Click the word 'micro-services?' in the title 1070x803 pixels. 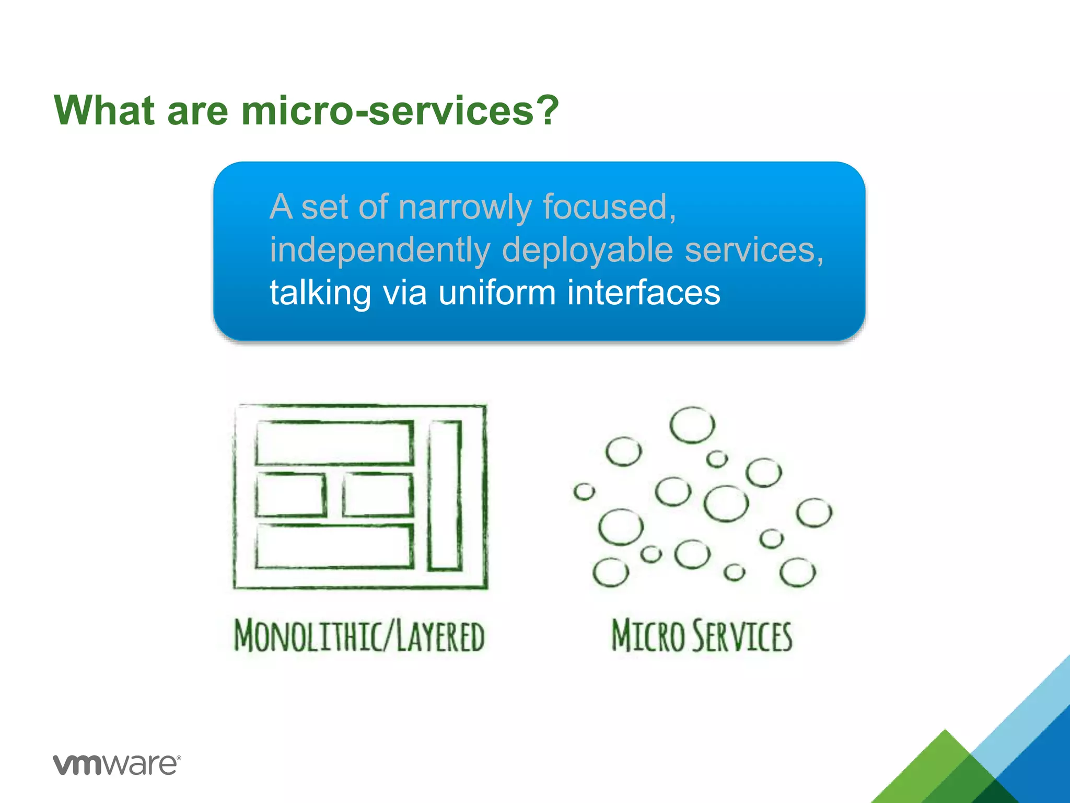400,111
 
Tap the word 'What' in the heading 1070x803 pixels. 104,111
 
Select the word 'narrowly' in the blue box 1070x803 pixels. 464,208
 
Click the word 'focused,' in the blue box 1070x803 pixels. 609,208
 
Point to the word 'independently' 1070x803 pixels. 379,250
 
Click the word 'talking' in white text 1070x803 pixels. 320,292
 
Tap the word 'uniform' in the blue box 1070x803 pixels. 496,292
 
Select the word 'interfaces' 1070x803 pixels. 643,292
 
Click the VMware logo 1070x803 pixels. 117,765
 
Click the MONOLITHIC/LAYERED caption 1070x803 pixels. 359,636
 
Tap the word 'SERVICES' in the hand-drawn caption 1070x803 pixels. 742,636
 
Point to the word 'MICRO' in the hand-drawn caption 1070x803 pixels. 648,636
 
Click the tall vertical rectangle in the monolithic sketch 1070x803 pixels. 445,495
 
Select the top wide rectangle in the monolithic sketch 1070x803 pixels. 334,442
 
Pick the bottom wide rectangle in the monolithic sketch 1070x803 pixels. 334,546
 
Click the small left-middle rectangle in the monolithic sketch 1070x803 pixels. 290,495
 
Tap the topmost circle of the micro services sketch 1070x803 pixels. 692,425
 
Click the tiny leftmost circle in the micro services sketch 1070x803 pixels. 584,491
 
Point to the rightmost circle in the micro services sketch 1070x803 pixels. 814,513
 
